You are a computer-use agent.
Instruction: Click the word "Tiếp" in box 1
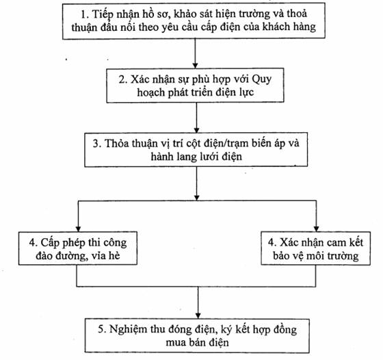pyautogui.click(x=102, y=14)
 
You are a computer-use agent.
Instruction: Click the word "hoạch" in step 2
pyautogui.click(x=150, y=92)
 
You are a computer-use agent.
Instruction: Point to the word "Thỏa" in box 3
pyautogui.click(x=117, y=143)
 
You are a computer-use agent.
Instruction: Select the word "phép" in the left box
pyautogui.click(x=72, y=243)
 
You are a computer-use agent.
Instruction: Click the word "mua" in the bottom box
pyautogui.click(x=174, y=343)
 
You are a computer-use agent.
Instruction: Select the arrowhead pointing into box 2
pyautogui.click(x=195, y=65)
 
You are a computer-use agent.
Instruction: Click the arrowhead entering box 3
pyautogui.click(x=197, y=130)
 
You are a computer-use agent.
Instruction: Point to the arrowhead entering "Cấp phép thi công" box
pyautogui.click(x=78, y=229)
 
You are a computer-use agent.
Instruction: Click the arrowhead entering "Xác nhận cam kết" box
pyautogui.click(x=316, y=229)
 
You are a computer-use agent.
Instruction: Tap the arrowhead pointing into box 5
pyautogui.click(x=198, y=316)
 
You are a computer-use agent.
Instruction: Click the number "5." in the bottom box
pyautogui.click(x=102, y=329)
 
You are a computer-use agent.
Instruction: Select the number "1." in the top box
pyautogui.click(x=85, y=14)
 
